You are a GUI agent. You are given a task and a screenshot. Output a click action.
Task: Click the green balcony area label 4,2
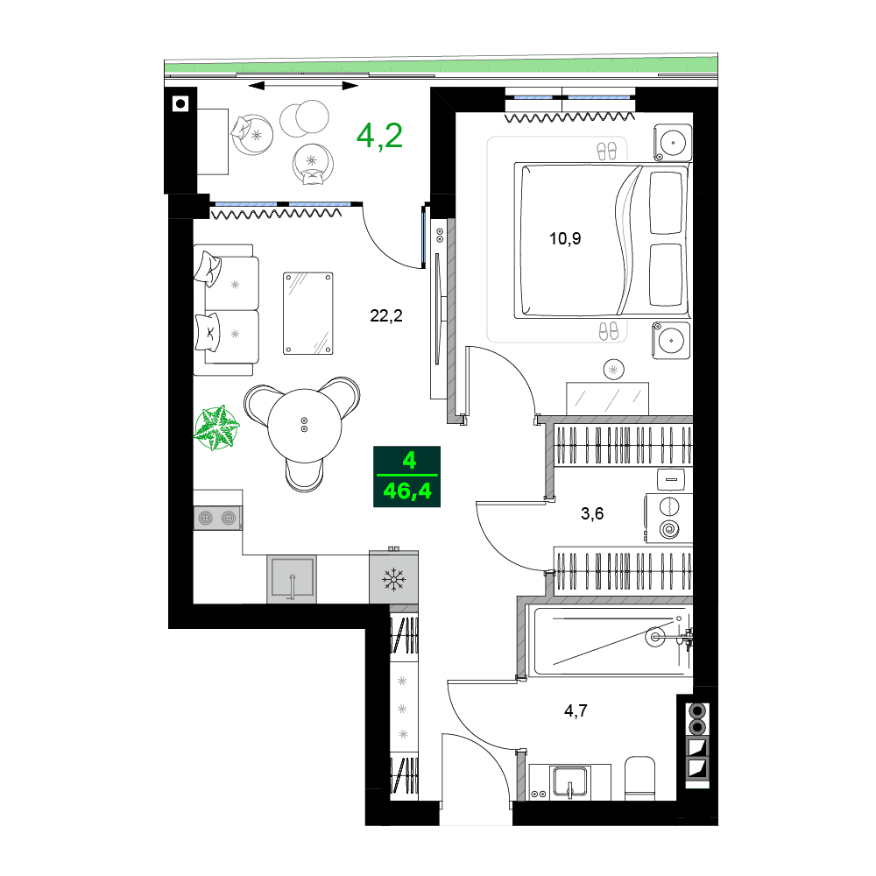tap(379, 136)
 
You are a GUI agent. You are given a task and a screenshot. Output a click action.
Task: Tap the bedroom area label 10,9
tap(565, 237)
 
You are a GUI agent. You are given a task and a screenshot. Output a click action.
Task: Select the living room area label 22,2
tap(385, 316)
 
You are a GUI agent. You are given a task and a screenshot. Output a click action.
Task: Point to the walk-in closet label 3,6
tap(592, 513)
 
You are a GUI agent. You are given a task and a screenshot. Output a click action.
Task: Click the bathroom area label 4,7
tap(575, 710)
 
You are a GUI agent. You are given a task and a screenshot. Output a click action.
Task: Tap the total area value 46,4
tap(407, 491)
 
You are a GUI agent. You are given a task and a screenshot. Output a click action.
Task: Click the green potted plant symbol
tap(216, 427)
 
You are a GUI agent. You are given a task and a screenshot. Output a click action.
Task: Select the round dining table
tap(304, 425)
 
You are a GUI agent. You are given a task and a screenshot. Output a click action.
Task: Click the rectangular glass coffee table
tap(308, 314)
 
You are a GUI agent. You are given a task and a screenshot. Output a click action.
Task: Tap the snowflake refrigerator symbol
tap(393, 578)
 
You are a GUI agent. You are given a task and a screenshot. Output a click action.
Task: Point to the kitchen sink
tap(292, 578)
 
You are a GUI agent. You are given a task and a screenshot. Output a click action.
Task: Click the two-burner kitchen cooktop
tap(217, 518)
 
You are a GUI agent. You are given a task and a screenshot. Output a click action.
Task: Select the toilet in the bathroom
tap(640, 778)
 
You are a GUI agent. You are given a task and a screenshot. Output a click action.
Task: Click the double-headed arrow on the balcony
tap(303, 86)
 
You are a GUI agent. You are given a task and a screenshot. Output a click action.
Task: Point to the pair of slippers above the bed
tap(607, 151)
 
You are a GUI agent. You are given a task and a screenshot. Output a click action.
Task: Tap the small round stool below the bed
tap(613, 370)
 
